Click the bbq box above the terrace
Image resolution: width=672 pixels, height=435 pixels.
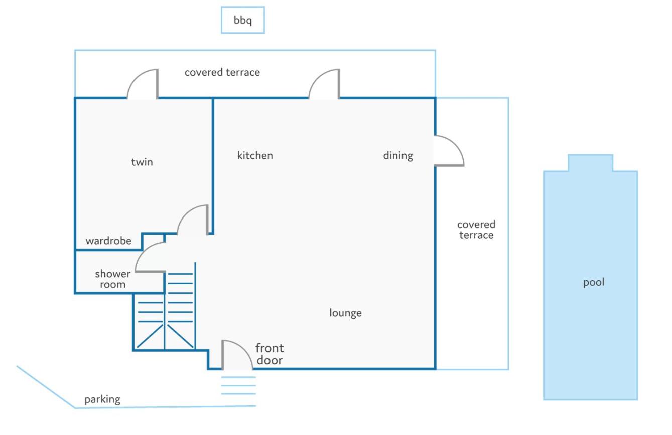pyautogui.click(x=243, y=20)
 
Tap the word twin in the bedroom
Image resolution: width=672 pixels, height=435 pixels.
pyautogui.click(x=142, y=162)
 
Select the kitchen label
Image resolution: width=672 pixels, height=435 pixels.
pyautogui.click(x=255, y=155)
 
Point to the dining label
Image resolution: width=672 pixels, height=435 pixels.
pyautogui.click(x=398, y=156)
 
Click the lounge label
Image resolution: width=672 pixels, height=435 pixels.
pyautogui.click(x=346, y=313)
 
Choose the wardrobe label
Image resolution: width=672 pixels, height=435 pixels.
pyautogui.click(x=108, y=241)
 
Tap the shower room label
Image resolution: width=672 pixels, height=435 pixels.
pyautogui.click(x=112, y=279)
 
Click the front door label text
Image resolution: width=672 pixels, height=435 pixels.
pyautogui.click(x=270, y=354)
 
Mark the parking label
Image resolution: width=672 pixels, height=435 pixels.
pyautogui.click(x=102, y=399)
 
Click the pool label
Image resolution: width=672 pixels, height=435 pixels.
pyautogui.click(x=593, y=282)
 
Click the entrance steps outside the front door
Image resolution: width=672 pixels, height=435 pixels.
pyautogui.click(x=238, y=385)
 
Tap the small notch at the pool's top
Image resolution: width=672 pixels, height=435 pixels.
pyautogui.click(x=590, y=163)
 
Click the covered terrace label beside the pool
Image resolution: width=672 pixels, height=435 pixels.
pyautogui.click(x=476, y=230)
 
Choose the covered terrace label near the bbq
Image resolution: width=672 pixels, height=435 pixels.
pyautogui.click(x=222, y=72)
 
